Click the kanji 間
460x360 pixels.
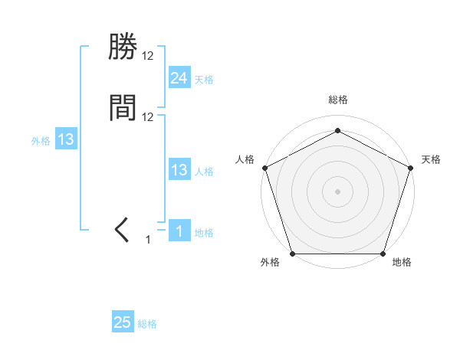click(123, 108)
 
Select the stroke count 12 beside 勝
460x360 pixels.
click(148, 56)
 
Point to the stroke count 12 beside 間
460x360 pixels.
click(148, 116)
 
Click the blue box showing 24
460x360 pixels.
click(179, 77)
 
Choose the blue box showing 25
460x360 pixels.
click(122, 322)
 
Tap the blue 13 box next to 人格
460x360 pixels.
click(179, 170)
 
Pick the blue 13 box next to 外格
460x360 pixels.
click(66, 139)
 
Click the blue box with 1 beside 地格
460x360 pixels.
click(179, 231)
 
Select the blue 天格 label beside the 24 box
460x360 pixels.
click(204, 80)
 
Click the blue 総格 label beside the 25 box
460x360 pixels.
click(147, 325)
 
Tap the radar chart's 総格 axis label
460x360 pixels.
click(337, 100)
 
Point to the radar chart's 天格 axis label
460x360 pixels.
click(431, 159)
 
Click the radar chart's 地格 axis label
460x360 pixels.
click(402, 263)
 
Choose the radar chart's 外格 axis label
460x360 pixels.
click(270, 263)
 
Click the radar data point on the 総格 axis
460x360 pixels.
click(337, 130)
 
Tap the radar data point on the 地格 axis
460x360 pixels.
click(383, 254)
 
